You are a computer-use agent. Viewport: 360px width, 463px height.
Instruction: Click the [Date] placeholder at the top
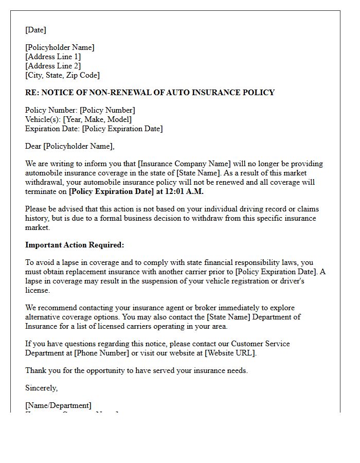(35, 30)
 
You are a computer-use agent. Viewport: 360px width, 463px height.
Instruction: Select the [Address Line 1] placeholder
(53, 57)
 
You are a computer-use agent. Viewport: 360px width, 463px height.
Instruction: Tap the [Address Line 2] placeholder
(53, 66)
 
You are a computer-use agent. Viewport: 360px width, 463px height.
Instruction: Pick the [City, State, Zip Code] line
(62, 75)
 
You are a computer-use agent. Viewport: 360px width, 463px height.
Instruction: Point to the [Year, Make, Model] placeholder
(97, 119)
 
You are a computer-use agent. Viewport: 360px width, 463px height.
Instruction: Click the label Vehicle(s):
(43, 119)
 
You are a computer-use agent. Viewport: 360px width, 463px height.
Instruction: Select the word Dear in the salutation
(33, 146)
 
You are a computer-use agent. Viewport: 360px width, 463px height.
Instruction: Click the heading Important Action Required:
(75, 245)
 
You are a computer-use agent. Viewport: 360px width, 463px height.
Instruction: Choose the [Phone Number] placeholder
(101, 353)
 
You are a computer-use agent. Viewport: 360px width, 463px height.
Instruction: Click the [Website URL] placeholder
(229, 353)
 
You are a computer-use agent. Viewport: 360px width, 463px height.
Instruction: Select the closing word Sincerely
(41, 388)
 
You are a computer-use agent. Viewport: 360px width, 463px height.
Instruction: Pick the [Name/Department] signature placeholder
(58, 405)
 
